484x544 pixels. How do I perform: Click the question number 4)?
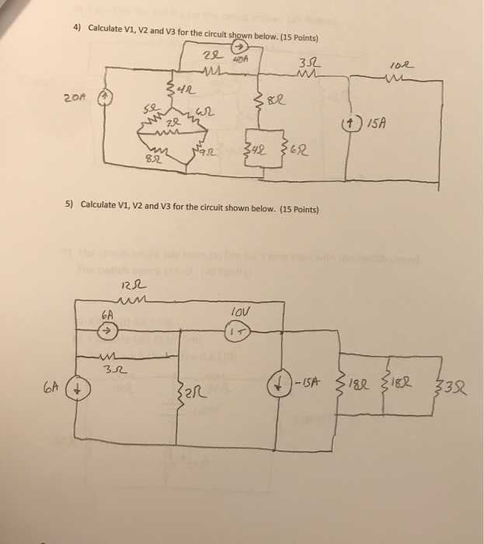click(x=77, y=28)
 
